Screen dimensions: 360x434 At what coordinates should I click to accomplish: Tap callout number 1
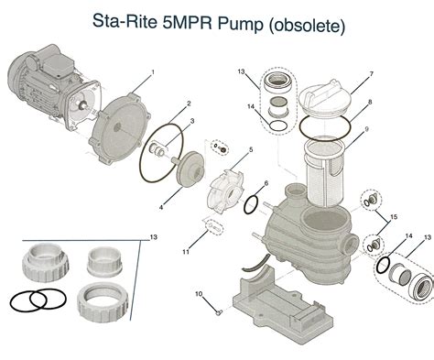(153, 71)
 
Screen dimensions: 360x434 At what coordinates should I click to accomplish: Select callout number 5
(252, 148)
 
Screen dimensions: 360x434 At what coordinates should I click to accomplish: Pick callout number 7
(371, 73)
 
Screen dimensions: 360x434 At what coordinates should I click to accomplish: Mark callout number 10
(195, 294)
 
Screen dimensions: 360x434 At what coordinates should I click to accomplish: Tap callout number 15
(395, 216)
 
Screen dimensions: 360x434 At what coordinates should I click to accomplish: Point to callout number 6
(266, 186)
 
